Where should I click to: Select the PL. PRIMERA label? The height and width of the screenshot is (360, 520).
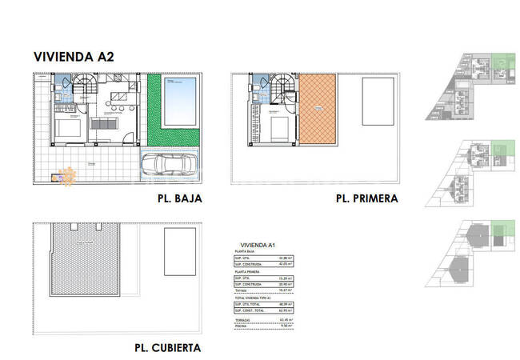point(366,198)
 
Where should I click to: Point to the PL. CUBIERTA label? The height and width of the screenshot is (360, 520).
point(167,347)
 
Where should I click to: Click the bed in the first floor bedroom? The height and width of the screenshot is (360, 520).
point(278,128)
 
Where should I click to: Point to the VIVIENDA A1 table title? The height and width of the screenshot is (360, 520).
point(254,245)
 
